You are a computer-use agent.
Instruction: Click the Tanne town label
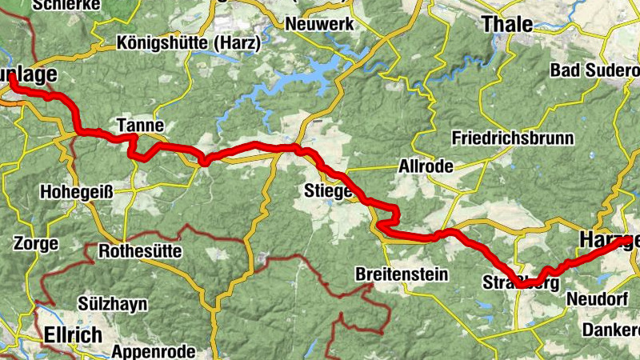tap(140, 126)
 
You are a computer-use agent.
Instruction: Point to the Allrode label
tap(426, 167)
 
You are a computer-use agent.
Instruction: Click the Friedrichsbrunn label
tap(513, 138)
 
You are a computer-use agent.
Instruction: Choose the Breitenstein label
tap(402, 274)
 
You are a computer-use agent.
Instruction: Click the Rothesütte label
tap(140, 251)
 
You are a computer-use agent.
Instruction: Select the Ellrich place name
tap(74, 334)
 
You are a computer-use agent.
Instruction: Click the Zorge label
tap(36, 243)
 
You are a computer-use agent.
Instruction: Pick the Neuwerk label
tap(320, 24)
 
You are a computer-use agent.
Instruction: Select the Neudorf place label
tap(593, 299)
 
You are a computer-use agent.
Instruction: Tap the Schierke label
tap(66, 5)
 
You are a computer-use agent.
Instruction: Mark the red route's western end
tap(13, 79)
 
